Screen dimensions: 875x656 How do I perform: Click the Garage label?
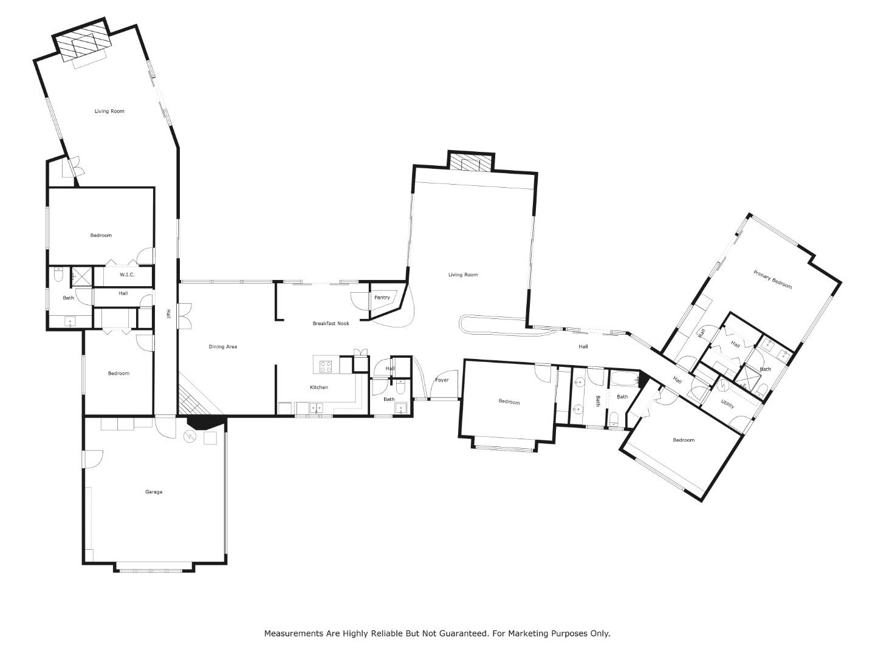pos(154,492)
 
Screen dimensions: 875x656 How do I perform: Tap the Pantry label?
pos(382,298)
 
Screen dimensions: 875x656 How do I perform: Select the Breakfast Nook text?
pos(331,323)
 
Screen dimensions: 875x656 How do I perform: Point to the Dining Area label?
pos(223,346)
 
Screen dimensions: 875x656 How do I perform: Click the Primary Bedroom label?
pos(772,279)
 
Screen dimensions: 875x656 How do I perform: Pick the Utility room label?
pos(727,405)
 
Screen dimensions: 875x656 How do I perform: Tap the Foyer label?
pos(442,380)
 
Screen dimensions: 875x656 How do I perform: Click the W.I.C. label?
pos(127,275)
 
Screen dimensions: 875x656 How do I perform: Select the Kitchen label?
pos(319,387)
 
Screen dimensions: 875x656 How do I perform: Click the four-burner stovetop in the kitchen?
pos(326,366)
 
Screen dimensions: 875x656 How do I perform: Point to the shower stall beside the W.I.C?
pos(81,277)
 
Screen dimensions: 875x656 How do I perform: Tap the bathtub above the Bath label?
pos(624,378)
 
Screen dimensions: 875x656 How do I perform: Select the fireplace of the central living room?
pos(471,162)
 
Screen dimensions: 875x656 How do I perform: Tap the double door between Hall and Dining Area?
pos(184,316)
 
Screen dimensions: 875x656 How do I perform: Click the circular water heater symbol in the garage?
pos(190,437)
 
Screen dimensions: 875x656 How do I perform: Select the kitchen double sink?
pos(317,408)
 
